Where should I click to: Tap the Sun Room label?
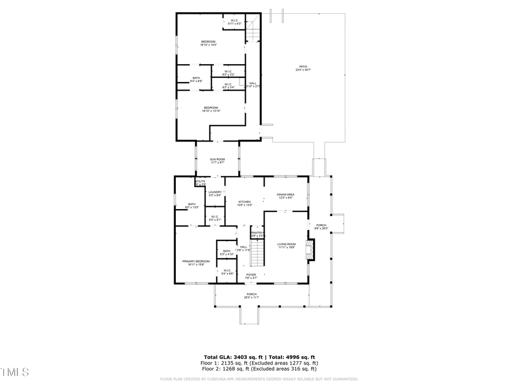[x=217, y=161]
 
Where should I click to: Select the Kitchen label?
[x=245, y=203]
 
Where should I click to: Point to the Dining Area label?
[x=285, y=196]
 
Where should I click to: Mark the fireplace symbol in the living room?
[x=311, y=250]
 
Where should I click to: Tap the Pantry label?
[x=257, y=234]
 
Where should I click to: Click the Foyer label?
[x=251, y=276]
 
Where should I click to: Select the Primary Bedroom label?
[x=195, y=263]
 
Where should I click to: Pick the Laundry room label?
[x=215, y=194]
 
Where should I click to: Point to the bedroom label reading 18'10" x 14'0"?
[x=208, y=43]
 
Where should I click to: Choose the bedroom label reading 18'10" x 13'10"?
[x=210, y=109]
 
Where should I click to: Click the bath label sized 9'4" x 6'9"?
[x=196, y=80]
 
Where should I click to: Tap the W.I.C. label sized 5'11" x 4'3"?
[x=234, y=22]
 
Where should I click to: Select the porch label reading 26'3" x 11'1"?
[x=251, y=296]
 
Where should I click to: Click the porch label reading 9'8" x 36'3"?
[x=321, y=226]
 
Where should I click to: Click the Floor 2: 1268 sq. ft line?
[x=259, y=368]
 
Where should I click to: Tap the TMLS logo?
[x=14, y=372]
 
